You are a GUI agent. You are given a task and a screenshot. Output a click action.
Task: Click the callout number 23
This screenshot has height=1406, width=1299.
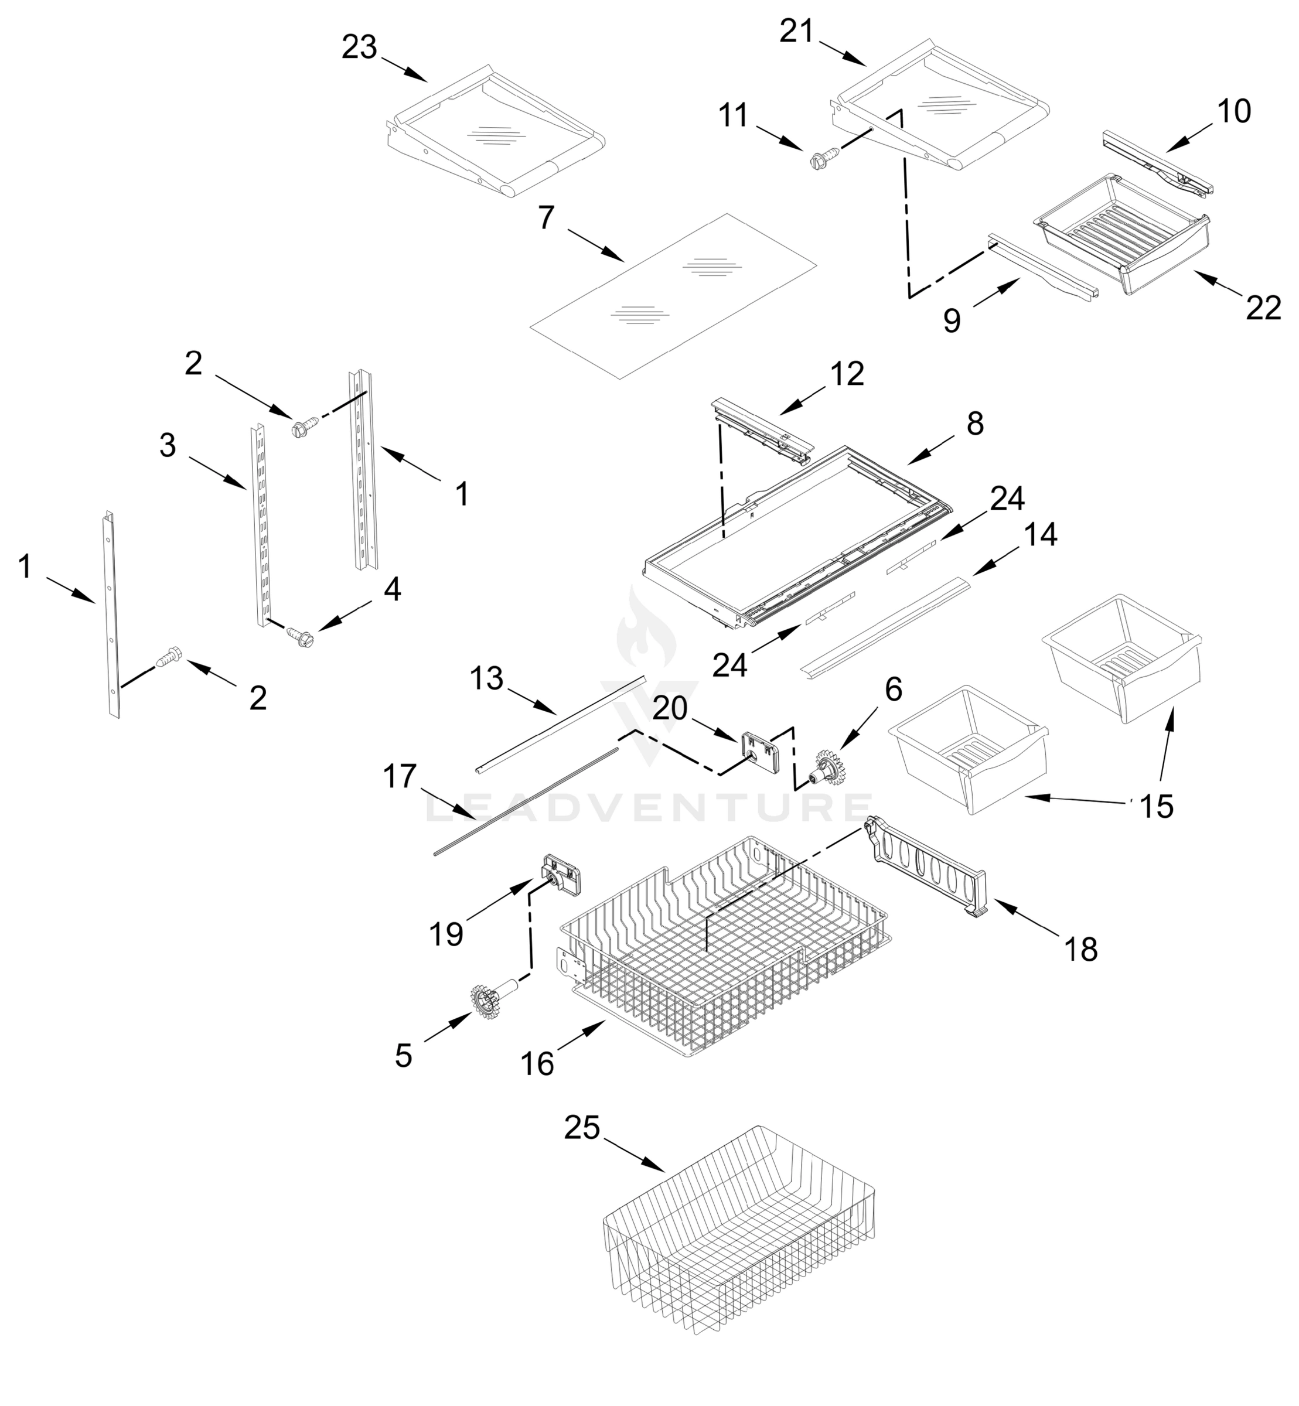(x=359, y=48)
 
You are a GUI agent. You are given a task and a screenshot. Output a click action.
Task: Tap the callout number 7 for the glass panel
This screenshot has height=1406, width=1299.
(x=546, y=218)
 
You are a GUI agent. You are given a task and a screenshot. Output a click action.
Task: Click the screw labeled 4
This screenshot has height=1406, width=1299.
(x=301, y=636)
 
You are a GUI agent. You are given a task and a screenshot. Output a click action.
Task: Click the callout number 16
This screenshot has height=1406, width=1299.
(x=538, y=1064)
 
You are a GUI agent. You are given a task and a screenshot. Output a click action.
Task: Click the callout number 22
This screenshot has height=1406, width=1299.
(x=1263, y=308)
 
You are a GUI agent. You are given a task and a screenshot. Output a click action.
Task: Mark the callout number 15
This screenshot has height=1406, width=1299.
(x=1156, y=807)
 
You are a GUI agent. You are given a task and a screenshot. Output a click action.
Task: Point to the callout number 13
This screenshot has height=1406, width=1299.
(x=486, y=679)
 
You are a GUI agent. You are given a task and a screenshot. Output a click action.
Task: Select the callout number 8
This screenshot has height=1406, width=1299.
(x=975, y=424)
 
